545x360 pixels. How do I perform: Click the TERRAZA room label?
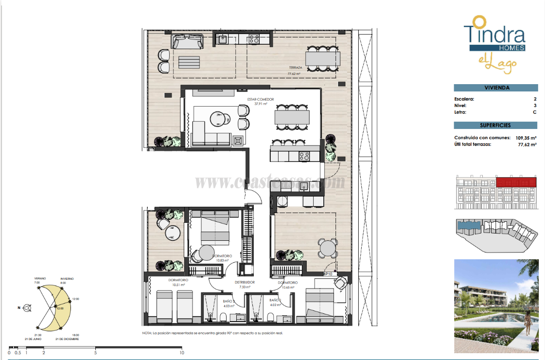[296, 68]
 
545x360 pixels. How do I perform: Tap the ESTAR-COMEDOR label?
[261, 99]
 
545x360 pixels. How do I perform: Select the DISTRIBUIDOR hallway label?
[245, 282]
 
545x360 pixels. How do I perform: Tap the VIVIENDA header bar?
[496, 88]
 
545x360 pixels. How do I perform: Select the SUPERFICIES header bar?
[496, 125]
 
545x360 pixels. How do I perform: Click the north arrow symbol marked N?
[27, 307]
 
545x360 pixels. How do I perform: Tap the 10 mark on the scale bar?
[182, 353]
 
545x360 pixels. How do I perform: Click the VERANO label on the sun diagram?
[40, 278]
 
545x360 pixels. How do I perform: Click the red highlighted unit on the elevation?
[518, 182]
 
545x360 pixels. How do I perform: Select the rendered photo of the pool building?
[496, 305]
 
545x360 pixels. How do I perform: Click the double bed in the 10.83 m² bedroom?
[215, 230]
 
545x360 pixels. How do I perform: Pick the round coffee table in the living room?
[217, 118]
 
